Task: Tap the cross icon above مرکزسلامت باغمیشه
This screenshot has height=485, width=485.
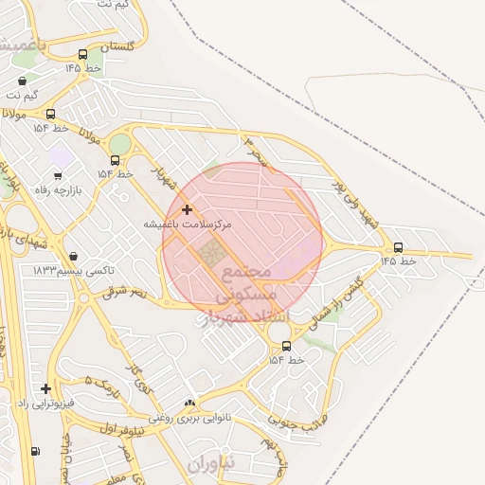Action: pos(187,209)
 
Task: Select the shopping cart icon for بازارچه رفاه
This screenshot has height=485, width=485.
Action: pos(58,174)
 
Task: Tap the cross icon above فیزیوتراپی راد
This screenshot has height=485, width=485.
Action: pos(45,388)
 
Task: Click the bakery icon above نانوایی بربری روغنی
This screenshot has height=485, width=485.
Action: pos(190,403)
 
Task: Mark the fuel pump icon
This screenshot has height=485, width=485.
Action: pos(35,451)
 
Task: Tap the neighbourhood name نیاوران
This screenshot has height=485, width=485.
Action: pos(208,466)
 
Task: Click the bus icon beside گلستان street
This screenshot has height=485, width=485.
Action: pos(82,54)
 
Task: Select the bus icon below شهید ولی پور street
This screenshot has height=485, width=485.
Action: pos(398,247)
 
